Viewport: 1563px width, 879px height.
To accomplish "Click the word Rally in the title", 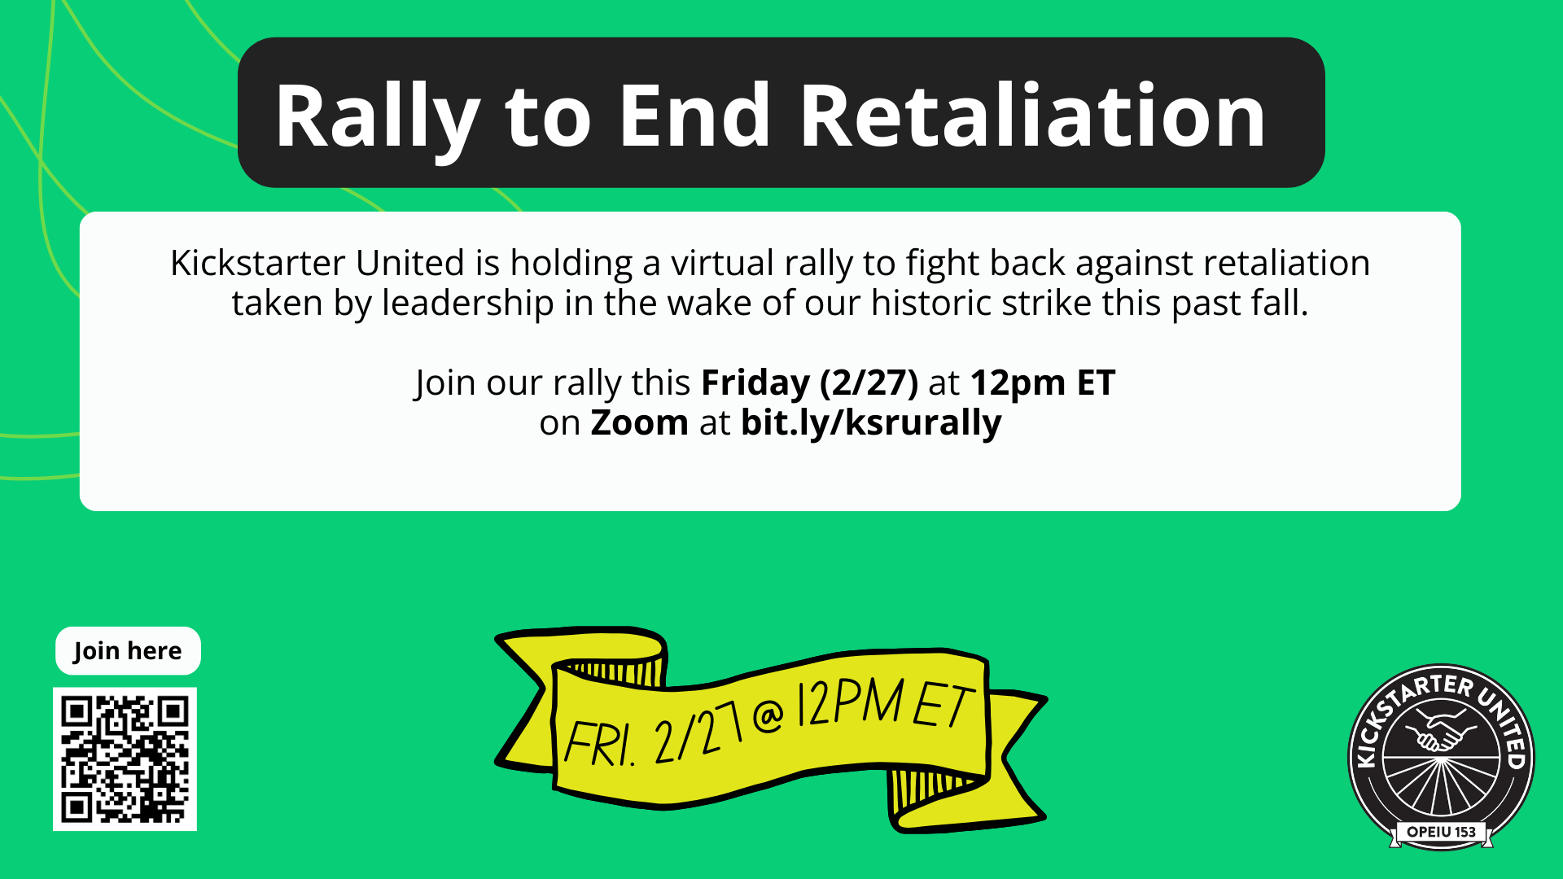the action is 377,119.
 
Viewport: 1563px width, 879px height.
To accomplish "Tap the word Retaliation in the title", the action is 1032,116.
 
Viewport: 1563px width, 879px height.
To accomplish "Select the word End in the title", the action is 694,116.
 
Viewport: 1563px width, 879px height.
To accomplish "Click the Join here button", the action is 128,651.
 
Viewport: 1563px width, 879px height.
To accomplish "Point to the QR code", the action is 125,759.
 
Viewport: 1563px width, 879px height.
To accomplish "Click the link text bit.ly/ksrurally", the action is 871,423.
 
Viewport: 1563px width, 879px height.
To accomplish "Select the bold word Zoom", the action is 640,422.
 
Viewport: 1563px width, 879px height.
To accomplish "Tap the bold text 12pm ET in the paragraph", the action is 1043,383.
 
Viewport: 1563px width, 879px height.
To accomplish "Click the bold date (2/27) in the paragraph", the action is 869,383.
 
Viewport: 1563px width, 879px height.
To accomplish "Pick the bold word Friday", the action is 755,383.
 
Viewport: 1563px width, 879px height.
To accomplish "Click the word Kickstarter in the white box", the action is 258,263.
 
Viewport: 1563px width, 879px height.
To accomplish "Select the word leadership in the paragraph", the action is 468,304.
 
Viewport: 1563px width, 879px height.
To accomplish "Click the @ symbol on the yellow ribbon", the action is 768,715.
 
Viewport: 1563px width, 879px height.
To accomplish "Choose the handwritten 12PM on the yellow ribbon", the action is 850,702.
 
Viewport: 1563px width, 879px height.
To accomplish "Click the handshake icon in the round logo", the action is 1441,730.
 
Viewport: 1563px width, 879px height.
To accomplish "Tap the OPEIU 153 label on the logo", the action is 1441,832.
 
